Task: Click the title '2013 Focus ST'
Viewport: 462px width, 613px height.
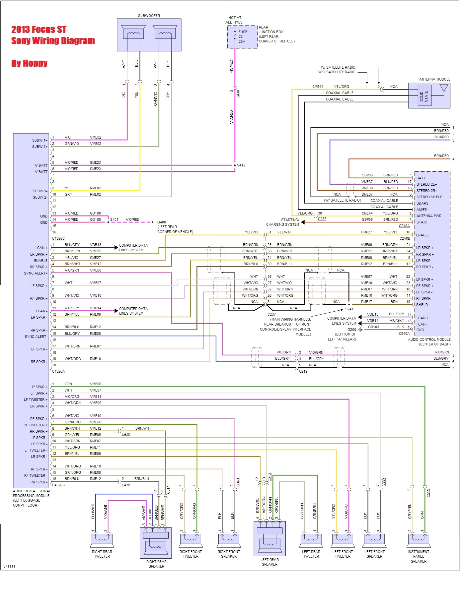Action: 39,30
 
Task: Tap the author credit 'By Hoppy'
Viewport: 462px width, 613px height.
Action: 29,63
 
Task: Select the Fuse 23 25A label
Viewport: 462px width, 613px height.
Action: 242,36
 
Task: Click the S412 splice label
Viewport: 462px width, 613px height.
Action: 241,165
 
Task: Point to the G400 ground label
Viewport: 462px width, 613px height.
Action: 162,222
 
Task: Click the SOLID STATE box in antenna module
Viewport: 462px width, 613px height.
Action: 424,97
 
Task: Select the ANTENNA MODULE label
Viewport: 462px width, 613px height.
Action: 434,79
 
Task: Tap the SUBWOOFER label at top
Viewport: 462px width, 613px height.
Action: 149,16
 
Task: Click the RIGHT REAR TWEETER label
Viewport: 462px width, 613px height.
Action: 102,554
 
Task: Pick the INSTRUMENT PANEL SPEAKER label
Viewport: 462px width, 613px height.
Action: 419,556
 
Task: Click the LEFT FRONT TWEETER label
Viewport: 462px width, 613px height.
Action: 343,554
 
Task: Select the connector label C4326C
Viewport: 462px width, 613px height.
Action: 58,238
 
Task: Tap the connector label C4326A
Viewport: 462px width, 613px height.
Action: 58,371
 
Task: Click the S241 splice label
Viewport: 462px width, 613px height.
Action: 349,309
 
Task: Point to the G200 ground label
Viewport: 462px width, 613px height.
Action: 351,330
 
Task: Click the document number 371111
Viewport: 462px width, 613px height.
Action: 9,566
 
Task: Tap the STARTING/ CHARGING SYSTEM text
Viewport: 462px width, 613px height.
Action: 282,222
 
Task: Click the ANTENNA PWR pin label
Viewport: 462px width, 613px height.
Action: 429,216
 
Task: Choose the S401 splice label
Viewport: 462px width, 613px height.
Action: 114,219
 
